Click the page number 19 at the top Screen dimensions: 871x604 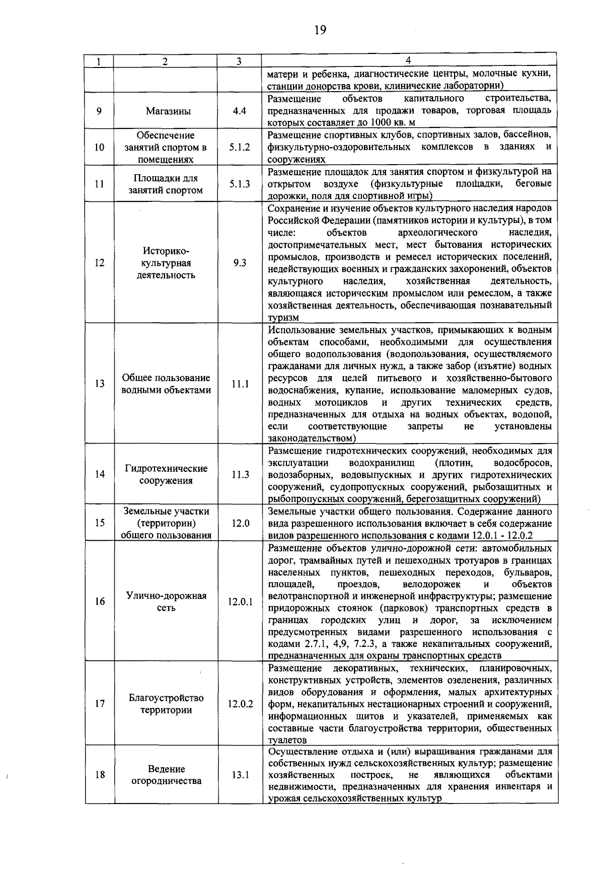pos(320,30)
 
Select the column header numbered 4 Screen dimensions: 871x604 pos(408,60)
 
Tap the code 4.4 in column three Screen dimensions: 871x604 pos(240,111)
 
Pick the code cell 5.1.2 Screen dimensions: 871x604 pos(240,148)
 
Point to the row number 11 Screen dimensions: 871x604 pos(99,184)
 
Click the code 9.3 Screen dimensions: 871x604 pos(240,263)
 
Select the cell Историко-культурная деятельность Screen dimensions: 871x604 pos(166,263)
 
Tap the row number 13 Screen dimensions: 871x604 pos(99,384)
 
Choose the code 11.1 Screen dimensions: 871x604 pos(240,384)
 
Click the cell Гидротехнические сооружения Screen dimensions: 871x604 pos(166,474)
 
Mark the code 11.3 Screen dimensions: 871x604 pos(240,474)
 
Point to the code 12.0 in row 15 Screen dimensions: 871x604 pos(241,523)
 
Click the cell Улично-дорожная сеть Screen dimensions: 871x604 pos(166,602)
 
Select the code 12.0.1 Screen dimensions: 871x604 pos(240,602)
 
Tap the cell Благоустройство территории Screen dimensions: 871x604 pos(166,704)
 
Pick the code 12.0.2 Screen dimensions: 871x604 pos(240,704)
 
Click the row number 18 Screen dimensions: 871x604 pos(100,775)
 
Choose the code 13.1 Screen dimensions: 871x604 pos(240,775)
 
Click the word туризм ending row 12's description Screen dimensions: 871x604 pos(283,318)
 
